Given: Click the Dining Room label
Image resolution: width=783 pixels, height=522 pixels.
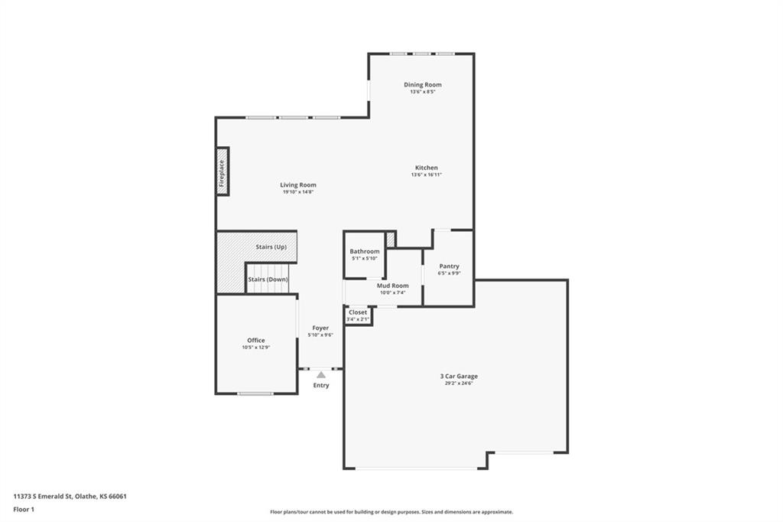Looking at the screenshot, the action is click(x=422, y=85).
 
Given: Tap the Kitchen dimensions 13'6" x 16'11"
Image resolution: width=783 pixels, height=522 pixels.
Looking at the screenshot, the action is click(x=427, y=175).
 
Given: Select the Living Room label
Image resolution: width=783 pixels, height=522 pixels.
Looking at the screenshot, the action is click(x=298, y=185).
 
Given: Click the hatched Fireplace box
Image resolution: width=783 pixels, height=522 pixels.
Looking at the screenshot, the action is click(x=223, y=171).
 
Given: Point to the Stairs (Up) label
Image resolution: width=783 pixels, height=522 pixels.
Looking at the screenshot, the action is click(x=271, y=247).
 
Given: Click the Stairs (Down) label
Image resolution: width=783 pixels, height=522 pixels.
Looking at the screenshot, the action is click(x=268, y=279).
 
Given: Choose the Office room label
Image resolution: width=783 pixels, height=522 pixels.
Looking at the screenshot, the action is click(x=256, y=341).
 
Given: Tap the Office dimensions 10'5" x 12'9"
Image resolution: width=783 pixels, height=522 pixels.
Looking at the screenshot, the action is click(x=256, y=347).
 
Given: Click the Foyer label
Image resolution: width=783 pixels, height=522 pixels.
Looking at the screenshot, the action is click(x=320, y=328).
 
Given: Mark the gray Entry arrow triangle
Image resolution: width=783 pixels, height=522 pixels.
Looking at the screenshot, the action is click(x=321, y=374).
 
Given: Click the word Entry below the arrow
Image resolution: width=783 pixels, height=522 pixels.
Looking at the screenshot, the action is click(x=321, y=386).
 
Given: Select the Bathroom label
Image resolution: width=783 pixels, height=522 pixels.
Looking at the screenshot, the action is click(x=365, y=252).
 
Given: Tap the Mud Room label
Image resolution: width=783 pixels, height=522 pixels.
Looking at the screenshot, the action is click(x=392, y=285).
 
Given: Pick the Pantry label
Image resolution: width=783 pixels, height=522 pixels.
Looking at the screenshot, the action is click(x=449, y=266).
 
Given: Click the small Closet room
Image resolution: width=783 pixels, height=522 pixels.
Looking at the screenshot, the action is click(x=358, y=315).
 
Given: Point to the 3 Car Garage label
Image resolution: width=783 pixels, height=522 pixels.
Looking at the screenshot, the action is click(x=459, y=376).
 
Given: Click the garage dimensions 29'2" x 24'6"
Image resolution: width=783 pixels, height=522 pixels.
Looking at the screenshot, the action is click(x=459, y=383).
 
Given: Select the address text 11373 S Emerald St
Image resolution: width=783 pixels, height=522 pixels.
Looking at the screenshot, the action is click(x=43, y=497).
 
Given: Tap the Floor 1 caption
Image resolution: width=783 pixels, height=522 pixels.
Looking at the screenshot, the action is click(x=24, y=510).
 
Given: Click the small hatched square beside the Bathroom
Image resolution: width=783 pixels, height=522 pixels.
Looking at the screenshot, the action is click(x=391, y=240).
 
